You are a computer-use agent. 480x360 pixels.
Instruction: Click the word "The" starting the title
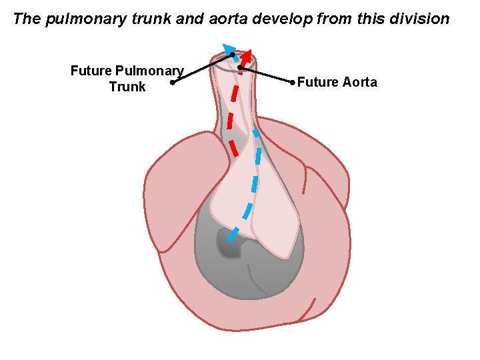(27, 19)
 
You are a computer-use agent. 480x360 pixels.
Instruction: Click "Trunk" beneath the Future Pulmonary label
(127, 87)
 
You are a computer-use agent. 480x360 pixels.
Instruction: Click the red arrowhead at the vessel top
(249, 56)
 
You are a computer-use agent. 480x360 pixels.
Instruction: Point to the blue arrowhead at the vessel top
(229, 48)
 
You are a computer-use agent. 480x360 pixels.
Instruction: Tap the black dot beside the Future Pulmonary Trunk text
(172, 83)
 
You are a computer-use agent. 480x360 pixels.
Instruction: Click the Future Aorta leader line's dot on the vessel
(240, 67)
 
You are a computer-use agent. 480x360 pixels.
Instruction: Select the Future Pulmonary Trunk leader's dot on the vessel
(232, 55)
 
